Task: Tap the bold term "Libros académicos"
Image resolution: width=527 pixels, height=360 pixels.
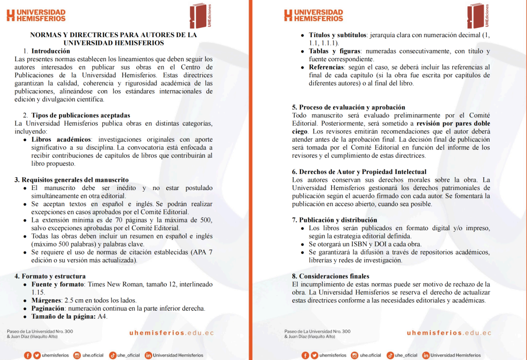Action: [61, 140]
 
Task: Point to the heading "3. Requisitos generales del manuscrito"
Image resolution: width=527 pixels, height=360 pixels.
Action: [72, 180]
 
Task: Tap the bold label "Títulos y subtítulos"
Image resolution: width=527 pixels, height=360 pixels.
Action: [337, 35]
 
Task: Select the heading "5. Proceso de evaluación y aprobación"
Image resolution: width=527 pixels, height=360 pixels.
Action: [345, 107]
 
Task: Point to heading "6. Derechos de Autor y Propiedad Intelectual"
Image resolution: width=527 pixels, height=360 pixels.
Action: [359, 172]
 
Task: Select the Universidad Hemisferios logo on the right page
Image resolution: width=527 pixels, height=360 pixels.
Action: [313, 15]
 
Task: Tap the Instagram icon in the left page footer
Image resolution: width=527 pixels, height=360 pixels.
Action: [77, 355]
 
